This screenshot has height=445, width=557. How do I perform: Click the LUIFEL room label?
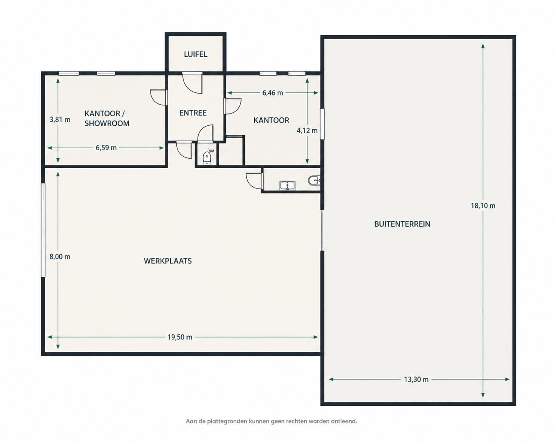tap(196, 54)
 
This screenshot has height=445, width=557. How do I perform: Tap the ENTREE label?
tap(193, 113)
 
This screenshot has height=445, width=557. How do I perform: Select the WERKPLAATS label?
tap(168, 261)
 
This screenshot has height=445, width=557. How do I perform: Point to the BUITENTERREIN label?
tap(402, 224)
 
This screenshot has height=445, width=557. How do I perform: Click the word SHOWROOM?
tap(107, 123)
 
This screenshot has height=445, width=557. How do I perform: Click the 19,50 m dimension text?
tap(180, 337)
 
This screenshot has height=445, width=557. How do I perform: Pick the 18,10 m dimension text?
tap(483, 206)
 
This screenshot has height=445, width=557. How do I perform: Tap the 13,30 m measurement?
tap(416, 380)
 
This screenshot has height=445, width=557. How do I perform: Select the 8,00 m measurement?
tap(60, 257)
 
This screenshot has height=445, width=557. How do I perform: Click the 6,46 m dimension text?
tap(273, 93)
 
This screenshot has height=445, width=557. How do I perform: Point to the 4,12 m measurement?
tap(307, 131)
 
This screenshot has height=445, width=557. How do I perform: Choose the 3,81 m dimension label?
tap(60, 120)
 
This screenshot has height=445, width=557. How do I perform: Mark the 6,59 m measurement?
tap(106, 148)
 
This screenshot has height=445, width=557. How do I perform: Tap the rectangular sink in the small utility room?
tap(287, 186)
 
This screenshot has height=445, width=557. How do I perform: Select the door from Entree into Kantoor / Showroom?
tap(159, 98)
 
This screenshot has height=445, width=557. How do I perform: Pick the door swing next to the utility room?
tap(255, 181)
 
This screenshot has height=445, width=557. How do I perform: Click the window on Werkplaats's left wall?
tap(43, 230)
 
